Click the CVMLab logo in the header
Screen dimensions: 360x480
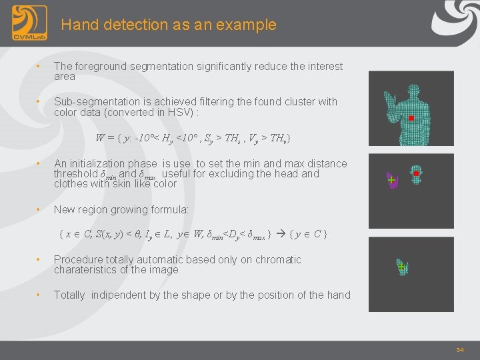[x=29, y=23]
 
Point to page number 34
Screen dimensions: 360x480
[x=459, y=350]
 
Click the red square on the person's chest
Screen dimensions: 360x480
[x=411, y=118]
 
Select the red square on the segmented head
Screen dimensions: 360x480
[x=416, y=173]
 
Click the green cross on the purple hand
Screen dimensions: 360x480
[x=391, y=181]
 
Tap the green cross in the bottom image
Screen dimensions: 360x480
[x=401, y=267]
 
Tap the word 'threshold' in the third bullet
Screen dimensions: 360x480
[x=75, y=174]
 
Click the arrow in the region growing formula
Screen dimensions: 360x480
[x=280, y=235]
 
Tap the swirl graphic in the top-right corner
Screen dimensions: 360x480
[x=456, y=19]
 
